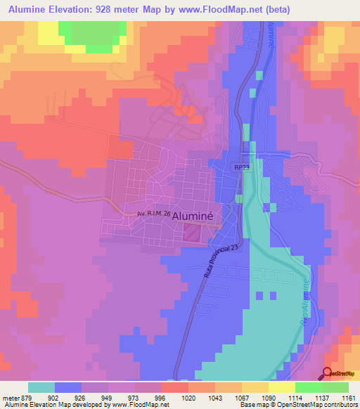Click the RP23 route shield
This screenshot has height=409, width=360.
pos(243,168)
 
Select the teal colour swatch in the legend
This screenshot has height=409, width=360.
pos(41,387)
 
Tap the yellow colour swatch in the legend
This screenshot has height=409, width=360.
pos(281,387)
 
